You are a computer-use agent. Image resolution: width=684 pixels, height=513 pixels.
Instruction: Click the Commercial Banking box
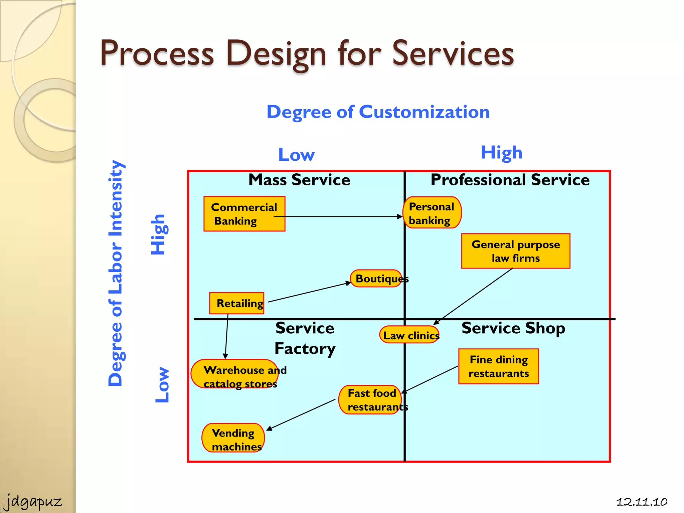244,214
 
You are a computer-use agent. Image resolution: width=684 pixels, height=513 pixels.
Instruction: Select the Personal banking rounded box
432,213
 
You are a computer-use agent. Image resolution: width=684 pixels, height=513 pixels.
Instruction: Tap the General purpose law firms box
515,251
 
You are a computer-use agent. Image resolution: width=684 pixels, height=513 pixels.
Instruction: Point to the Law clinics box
409,335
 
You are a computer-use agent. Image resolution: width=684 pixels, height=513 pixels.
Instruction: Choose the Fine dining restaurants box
498,366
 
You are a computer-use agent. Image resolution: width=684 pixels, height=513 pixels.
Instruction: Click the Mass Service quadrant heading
299,180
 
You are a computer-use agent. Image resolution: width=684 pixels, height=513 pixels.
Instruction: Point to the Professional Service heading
510,180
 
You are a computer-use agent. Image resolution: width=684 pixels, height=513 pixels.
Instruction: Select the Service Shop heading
513,328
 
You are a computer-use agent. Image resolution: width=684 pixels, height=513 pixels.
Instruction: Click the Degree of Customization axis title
378,112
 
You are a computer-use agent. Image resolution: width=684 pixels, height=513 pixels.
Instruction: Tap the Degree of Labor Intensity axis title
116,273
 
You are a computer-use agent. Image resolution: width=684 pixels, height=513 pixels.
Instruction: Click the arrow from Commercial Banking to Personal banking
337,216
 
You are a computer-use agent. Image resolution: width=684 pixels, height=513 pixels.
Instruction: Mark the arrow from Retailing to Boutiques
309,293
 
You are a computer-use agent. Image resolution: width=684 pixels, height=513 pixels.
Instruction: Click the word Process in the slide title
157,53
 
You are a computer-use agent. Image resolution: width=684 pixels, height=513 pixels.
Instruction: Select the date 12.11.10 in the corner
641,502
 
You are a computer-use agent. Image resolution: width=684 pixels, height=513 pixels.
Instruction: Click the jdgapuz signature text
33,501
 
